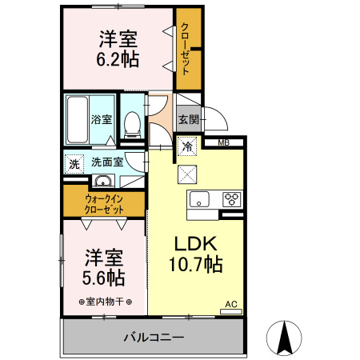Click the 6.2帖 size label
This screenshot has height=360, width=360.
118,59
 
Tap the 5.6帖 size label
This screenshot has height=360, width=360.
105,277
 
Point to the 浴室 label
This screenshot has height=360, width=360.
101,120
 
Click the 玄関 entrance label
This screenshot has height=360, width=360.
188,120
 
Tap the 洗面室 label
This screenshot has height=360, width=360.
106,162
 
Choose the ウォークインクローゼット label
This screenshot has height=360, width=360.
105,203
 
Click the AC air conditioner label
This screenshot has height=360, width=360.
230,304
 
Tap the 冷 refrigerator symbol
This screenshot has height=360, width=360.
187,147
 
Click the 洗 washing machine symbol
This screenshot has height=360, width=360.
74,162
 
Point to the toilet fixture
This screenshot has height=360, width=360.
133,122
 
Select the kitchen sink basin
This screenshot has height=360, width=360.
198,199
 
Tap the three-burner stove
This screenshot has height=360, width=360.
231,199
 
